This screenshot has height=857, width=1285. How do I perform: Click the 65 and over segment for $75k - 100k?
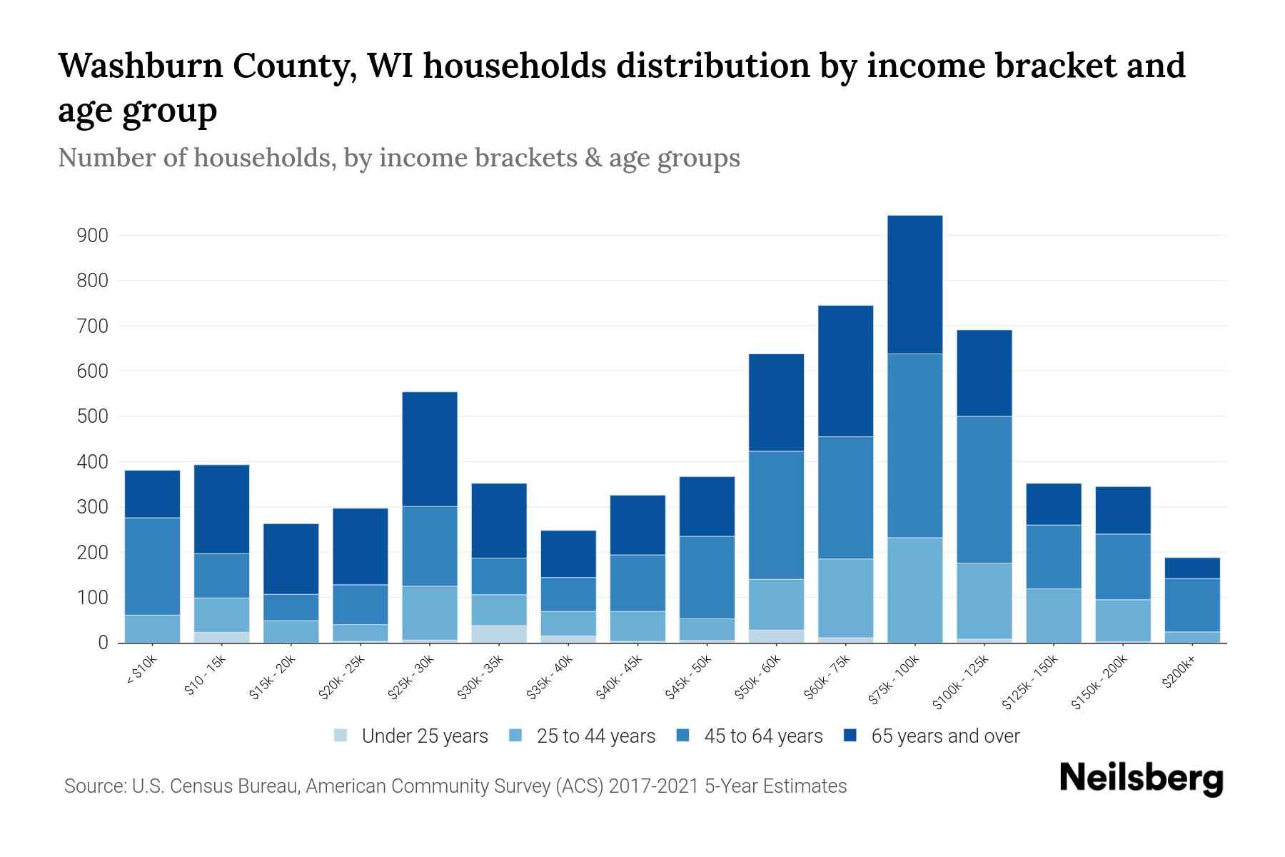[x=914, y=284]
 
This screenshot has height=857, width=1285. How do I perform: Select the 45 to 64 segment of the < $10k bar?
[x=152, y=566]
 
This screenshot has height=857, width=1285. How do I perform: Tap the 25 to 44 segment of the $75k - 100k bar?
[x=914, y=590]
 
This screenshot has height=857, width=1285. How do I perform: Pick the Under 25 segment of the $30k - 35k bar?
[x=499, y=634]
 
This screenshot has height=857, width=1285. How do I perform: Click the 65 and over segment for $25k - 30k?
[x=430, y=448]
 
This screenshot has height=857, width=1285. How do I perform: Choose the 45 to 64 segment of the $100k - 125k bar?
[x=984, y=489]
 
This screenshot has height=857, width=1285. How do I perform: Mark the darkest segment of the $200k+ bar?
[x=1191, y=568]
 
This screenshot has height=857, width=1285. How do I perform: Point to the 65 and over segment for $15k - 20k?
[x=291, y=558]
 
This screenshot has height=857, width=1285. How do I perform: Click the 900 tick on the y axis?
[x=93, y=236]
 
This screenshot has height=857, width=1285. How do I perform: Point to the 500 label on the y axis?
[x=93, y=417]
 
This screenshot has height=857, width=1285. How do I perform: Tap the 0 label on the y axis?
[x=103, y=643]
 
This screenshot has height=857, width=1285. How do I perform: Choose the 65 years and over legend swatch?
[x=851, y=736]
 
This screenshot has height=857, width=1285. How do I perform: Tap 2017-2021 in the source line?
[x=653, y=786]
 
